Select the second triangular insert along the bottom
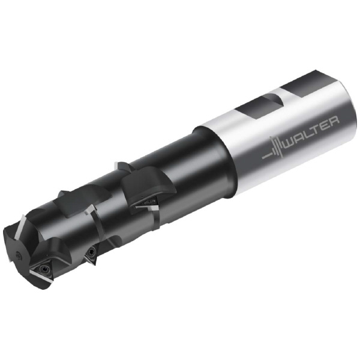point(91,254)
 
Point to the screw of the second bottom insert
point(92,254)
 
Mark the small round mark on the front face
point(19,254)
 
